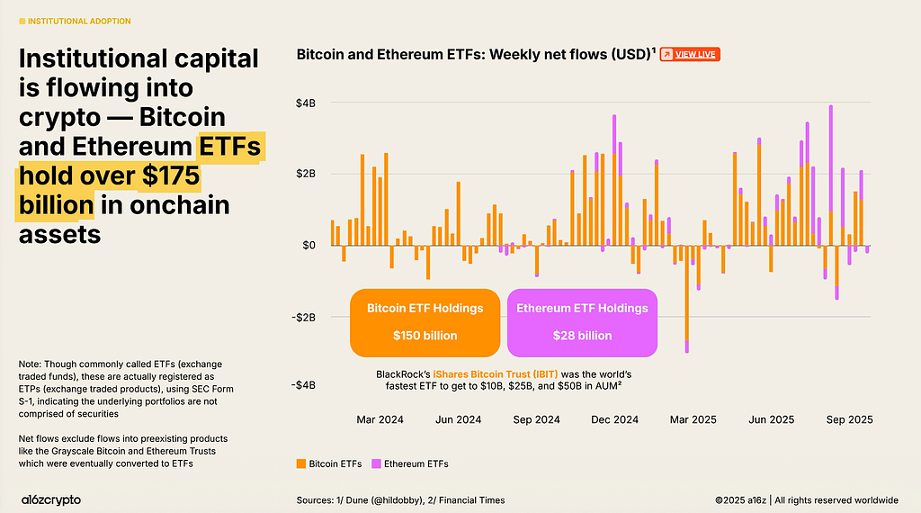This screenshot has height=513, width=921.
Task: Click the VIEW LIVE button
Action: click(690, 55)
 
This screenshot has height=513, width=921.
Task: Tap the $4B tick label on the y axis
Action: click(306, 103)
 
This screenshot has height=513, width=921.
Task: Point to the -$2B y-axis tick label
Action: click(304, 318)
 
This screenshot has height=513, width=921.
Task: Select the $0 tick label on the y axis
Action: click(309, 245)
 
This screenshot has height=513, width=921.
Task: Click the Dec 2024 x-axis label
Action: click(614, 419)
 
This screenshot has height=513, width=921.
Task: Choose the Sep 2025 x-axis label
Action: click(849, 419)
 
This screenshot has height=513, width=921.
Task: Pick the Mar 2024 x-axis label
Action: click(380, 419)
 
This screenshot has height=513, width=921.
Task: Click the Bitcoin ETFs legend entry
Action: click(329, 463)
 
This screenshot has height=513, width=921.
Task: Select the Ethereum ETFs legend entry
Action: click(410, 463)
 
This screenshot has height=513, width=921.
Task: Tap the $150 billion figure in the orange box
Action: click(425, 336)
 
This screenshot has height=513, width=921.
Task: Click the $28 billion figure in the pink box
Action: click(582, 336)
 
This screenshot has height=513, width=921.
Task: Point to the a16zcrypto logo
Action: click(51, 500)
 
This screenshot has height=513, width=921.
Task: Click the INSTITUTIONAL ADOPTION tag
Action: click(76, 22)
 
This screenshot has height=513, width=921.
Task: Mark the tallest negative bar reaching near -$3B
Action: click(686, 299)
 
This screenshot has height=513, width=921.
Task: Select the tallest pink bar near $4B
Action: click(830, 158)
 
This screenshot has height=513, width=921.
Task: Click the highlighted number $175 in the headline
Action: click(171, 175)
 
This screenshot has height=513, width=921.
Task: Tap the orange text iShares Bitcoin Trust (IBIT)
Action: click(496, 374)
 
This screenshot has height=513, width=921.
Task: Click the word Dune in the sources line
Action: click(356, 500)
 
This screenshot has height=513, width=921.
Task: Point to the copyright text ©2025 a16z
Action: click(741, 500)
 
